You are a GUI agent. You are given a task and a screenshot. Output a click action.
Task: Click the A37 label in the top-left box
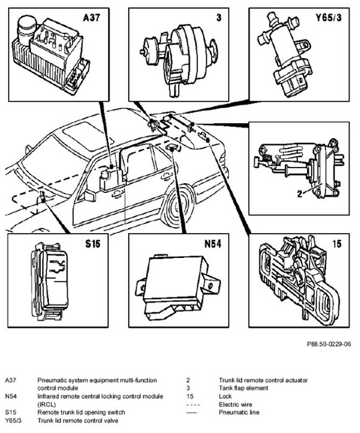coord(92,18)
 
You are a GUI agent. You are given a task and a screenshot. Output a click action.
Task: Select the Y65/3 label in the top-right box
coord(328,18)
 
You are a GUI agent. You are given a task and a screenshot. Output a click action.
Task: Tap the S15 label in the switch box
coord(93,244)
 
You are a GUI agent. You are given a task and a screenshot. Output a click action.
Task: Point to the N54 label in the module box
coord(213,244)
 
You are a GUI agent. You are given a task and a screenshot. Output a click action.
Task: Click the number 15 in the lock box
coord(337,244)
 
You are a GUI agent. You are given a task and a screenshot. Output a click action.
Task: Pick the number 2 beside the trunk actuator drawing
coord(300,194)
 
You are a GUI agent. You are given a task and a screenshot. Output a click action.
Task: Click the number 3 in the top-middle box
coord(218,18)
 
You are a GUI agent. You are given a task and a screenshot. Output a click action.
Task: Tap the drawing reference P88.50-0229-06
coord(329,344)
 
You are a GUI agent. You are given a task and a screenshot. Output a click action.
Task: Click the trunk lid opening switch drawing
coord(49,281)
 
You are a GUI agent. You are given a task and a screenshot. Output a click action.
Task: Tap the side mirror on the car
coord(89,195)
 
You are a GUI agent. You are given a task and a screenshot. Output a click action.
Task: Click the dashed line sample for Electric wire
coord(193,405)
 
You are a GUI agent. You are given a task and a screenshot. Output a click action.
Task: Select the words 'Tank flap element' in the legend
coord(243,388)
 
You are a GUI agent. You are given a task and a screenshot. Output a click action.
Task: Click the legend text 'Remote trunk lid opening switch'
coord(81,413)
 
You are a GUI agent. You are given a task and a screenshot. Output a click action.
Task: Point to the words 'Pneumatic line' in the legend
coord(239,413)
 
